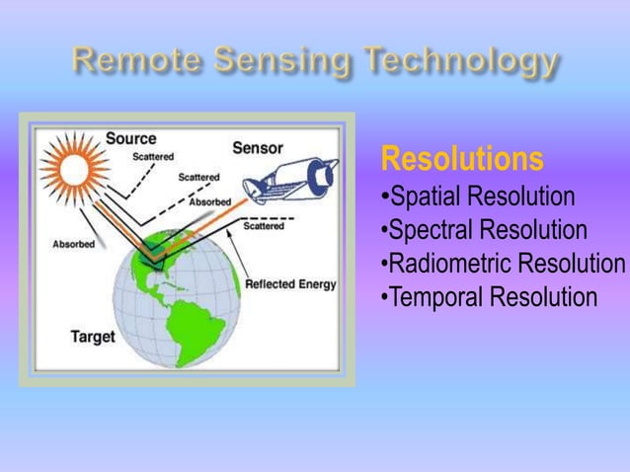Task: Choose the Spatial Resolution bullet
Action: (478, 197)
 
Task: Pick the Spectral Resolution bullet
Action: (484, 230)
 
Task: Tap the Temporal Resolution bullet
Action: (490, 297)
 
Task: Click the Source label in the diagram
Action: (130, 138)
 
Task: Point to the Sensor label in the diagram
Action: (258, 148)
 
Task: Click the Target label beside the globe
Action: (92, 336)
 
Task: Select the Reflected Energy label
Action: (290, 284)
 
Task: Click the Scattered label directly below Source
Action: (153, 156)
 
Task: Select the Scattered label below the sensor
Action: (263, 226)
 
